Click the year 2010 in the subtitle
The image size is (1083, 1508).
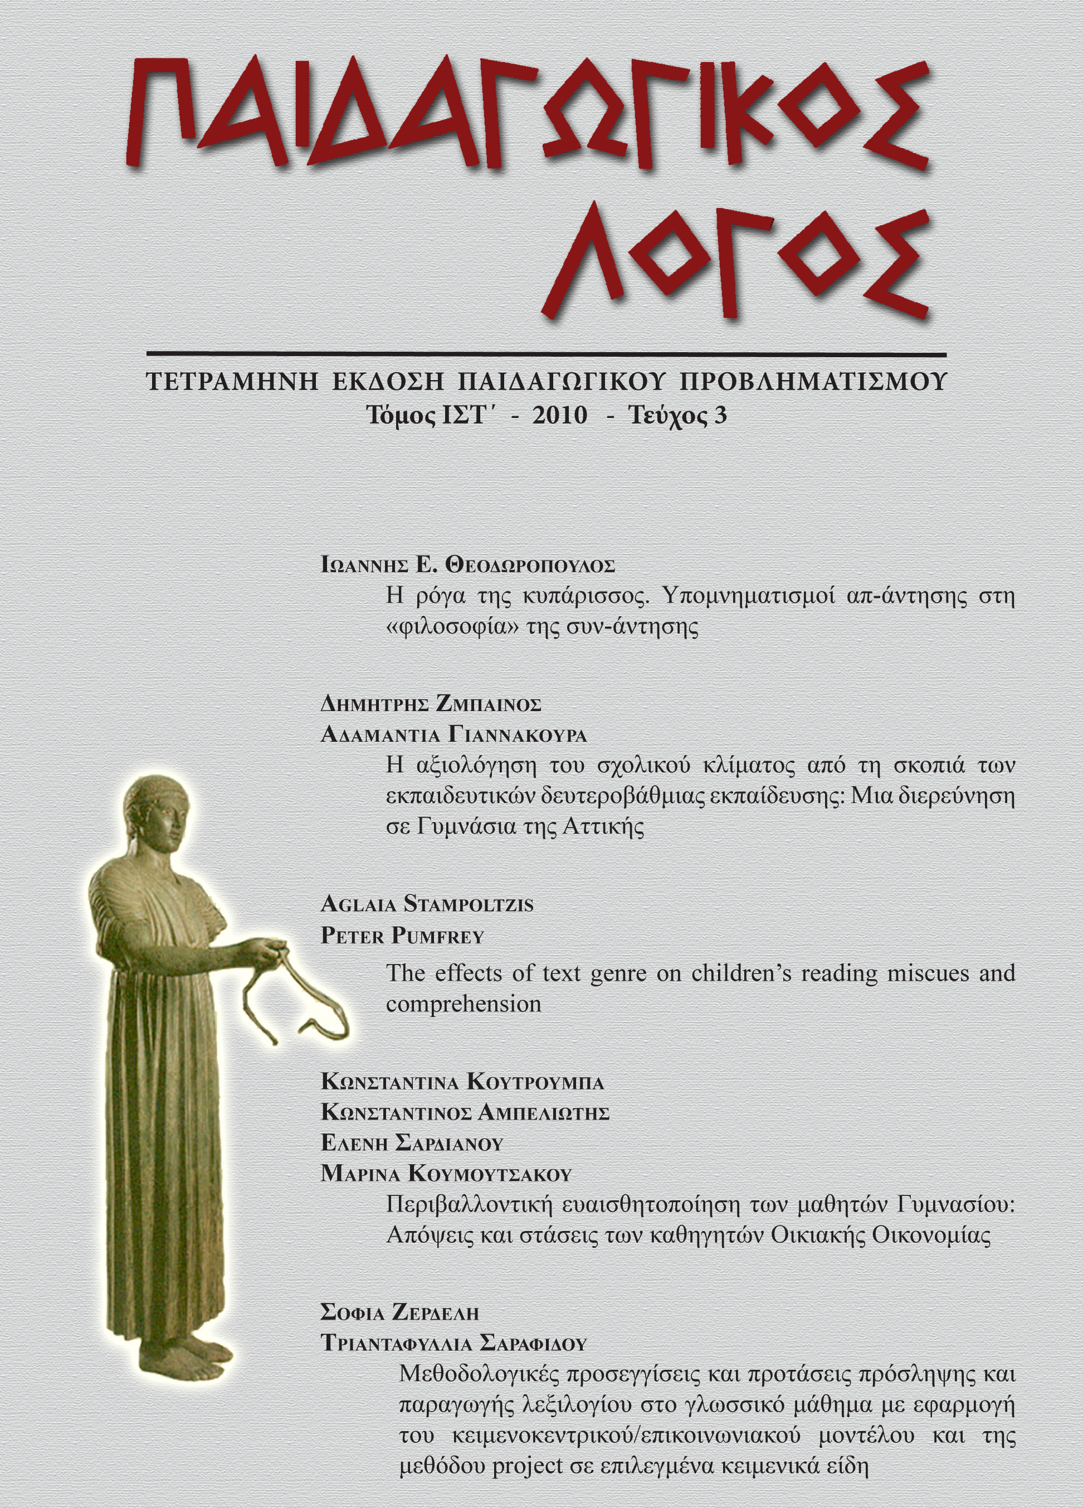pos(560,416)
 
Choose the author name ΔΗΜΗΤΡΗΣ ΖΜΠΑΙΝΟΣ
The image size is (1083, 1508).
pos(431,704)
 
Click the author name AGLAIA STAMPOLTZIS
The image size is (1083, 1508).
pos(427,905)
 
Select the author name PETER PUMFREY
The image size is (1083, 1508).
pos(402,937)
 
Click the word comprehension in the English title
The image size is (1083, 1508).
pos(464,1004)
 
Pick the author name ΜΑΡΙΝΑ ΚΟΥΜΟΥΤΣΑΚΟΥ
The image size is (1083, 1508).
pos(446,1174)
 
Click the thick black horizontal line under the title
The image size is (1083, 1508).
pos(545,354)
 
